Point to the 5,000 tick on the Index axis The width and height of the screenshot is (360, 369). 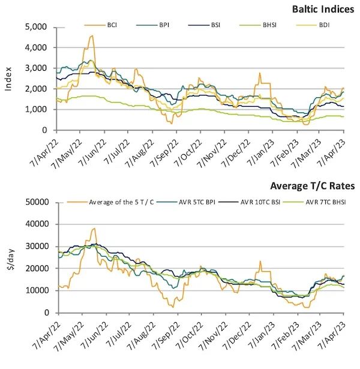pyautogui.click(x=38, y=27)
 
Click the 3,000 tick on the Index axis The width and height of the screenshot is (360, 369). pyautogui.click(x=38, y=68)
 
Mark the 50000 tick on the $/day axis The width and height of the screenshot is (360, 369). pyautogui.click(x=37, y=202)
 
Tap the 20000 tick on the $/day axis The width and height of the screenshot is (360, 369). pyautogui.click(x=37, y=268)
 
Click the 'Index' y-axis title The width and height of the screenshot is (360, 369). pyautogui.click(x=8, y=78)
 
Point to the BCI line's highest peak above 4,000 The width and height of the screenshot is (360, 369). pyautogui.click(x=92, y=36)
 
